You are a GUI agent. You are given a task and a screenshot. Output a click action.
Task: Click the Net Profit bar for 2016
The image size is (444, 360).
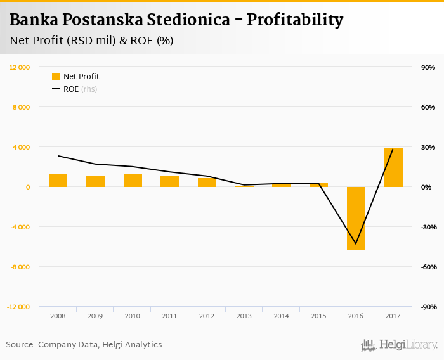click(356, 219)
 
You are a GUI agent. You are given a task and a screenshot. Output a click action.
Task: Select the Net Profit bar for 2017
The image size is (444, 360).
click(393, 168)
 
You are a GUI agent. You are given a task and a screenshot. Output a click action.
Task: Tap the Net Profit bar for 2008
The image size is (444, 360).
click(58, 181)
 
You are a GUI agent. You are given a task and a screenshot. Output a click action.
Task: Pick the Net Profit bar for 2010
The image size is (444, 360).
click(133, 181)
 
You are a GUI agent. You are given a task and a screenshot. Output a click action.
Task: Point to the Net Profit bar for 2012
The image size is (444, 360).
click(207, 183)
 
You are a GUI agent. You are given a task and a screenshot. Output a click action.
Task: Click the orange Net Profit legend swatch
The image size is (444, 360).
click(56, 77)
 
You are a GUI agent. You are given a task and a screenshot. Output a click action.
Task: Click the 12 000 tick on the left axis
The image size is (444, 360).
click(20, 67)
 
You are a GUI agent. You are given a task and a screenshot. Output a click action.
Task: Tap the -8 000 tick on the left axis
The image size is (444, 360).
click(20, 267)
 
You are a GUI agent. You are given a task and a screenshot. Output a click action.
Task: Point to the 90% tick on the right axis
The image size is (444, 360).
click(428, 67)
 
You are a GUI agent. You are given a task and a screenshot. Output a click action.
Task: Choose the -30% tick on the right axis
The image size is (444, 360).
click(427, 227)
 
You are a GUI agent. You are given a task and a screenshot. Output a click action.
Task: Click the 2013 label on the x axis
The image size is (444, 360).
click(244, 316)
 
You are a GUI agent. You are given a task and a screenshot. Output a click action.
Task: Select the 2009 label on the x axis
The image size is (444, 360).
click(95, 316)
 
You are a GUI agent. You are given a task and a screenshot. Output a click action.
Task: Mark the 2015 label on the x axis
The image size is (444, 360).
click(318, 316)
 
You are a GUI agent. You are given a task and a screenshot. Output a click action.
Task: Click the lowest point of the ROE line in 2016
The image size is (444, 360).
click(356, 243)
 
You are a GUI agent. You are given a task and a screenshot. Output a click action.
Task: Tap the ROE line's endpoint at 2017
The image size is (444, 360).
click(393, 149)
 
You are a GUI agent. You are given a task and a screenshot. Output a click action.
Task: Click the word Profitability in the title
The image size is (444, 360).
click(295, 20)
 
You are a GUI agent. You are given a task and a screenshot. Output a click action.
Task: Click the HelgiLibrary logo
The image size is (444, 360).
click(400, 345)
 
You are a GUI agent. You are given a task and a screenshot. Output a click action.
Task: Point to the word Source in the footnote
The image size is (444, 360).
click(20, 345)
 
